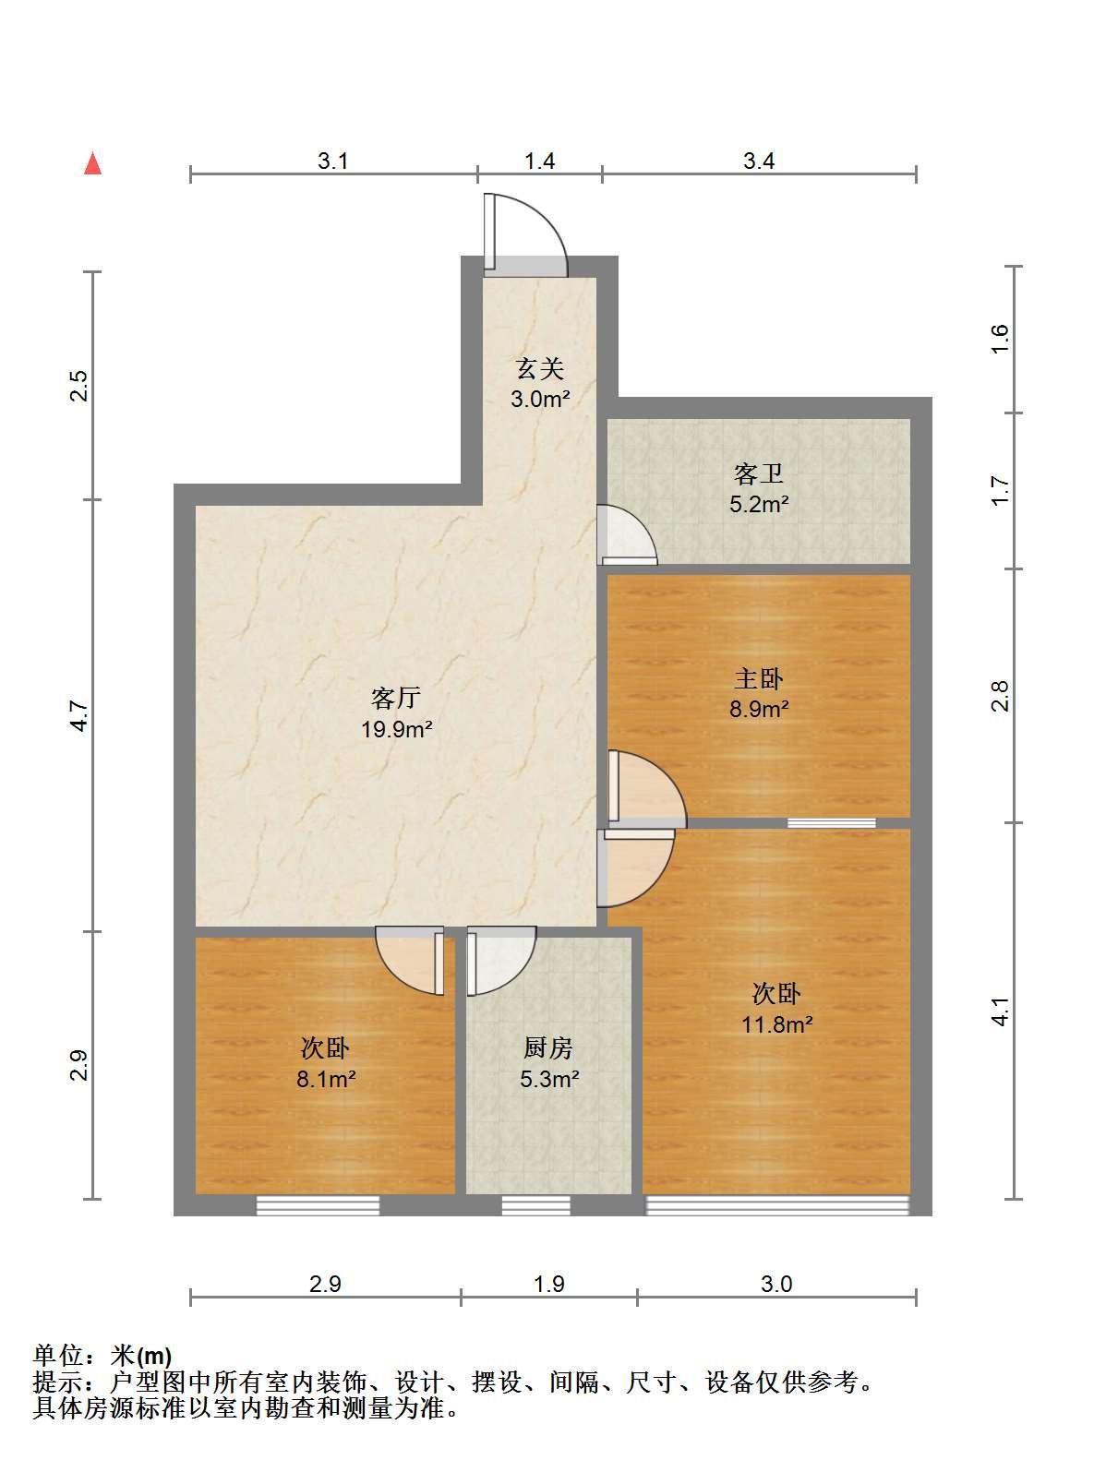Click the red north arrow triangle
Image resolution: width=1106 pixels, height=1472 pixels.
(x=92, y=163)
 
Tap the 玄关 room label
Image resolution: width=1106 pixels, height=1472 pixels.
(x=540, y=369)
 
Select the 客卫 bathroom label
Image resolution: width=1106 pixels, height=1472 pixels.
(x=759, y=474)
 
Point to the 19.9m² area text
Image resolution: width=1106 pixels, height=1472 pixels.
(x=397, y=728)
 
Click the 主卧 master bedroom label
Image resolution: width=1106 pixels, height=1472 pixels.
(x=759, y=678)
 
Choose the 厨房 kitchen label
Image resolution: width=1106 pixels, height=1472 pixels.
(x=548, y=1048)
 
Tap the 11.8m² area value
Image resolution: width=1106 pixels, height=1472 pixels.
(x=776, y=1024)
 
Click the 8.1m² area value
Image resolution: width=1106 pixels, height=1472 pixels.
(x=326, y=1079)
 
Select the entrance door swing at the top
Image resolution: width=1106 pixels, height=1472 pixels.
(x=526, y=234)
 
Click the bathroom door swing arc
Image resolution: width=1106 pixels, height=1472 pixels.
(x=627, y=534)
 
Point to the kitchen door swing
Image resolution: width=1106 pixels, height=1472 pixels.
(x=501, y=961)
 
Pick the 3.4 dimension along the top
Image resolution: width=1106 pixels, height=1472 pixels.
(x=759, y=161)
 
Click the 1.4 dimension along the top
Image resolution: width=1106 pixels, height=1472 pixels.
(x=539, y=161)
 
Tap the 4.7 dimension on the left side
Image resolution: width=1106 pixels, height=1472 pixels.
(x=79, y=715)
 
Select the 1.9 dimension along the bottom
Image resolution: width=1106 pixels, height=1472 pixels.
(x=548, y=1284)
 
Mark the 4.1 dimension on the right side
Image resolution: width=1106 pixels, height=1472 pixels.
(x=1000, y=1011)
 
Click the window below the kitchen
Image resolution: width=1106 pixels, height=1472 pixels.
(x=535, y=1206)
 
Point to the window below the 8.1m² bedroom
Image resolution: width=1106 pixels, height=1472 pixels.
(x=318, y=1206)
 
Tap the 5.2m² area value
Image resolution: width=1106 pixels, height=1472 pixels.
(x=759, y=504)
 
